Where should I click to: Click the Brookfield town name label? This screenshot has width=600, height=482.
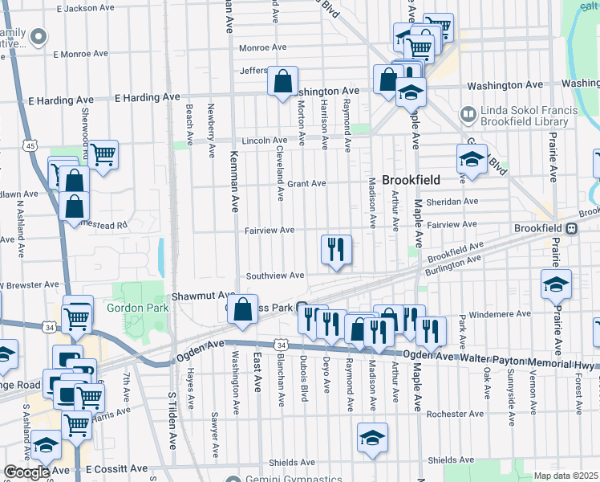409,181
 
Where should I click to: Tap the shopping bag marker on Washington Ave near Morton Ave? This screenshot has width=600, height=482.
282,82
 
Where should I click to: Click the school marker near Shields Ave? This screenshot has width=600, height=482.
372,439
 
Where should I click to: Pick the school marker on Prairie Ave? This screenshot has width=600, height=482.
556,285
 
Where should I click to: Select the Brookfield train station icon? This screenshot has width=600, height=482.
571,228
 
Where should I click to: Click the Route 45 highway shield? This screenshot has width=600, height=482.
30,145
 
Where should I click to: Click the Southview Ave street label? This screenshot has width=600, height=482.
275,276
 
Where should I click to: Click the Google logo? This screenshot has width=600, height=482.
27,472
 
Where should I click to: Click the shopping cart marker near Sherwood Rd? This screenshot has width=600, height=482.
103,154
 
